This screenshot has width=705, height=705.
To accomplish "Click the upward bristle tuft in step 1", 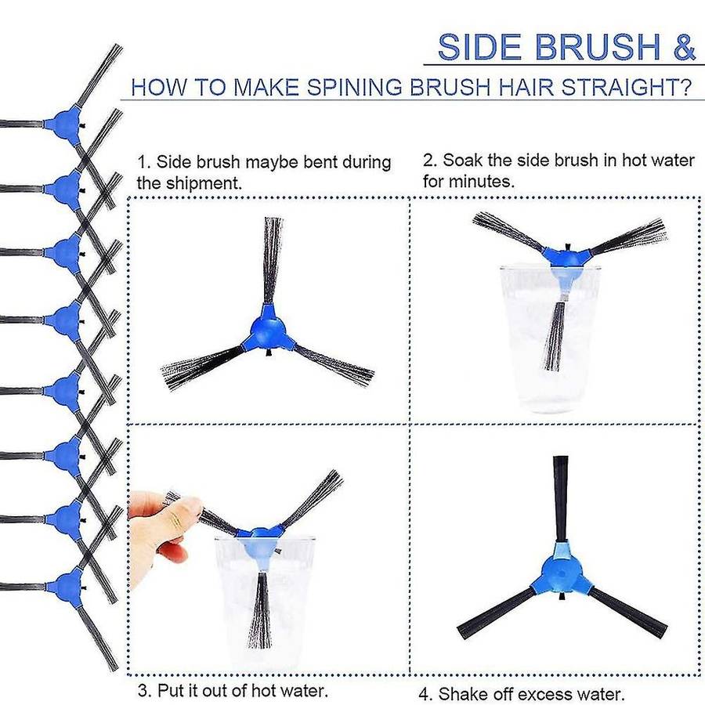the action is (273, 261).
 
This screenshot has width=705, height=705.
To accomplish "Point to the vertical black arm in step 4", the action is (560, 499).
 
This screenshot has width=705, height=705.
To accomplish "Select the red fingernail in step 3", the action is (175, 553).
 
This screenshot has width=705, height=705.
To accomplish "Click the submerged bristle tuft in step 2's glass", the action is (555, 336).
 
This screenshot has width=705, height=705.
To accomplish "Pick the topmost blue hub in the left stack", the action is (66, 123).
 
